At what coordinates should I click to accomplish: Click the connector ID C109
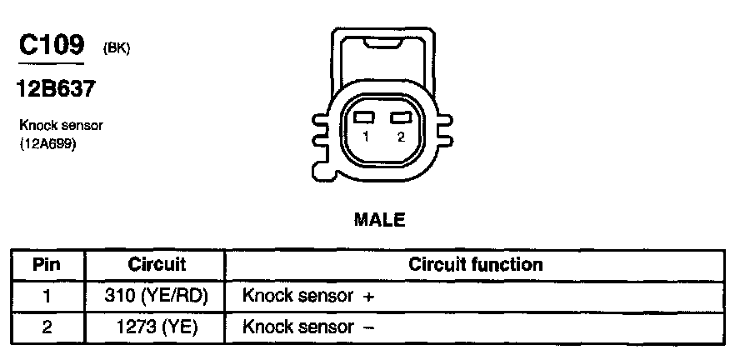coord(52,45)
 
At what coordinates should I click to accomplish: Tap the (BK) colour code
coord(116,49)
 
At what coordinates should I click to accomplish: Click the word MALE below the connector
coord(379,220)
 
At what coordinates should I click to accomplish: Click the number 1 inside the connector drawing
coord(365,137)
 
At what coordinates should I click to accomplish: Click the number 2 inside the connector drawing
coord(401,137)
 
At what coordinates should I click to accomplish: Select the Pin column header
coord(47,265)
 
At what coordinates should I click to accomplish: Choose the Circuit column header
coord(157,265)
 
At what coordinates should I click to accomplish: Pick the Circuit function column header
coord(476,265)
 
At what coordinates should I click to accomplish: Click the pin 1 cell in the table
coord(47,296)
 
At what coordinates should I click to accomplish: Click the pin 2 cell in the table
coord(47,327)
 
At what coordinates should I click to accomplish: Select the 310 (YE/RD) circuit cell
coord(157,296)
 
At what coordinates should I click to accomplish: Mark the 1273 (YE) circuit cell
coord(157,327)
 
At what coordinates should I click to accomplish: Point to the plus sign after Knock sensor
coord(367,297)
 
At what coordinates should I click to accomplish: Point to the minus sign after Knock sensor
coord(367,327)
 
